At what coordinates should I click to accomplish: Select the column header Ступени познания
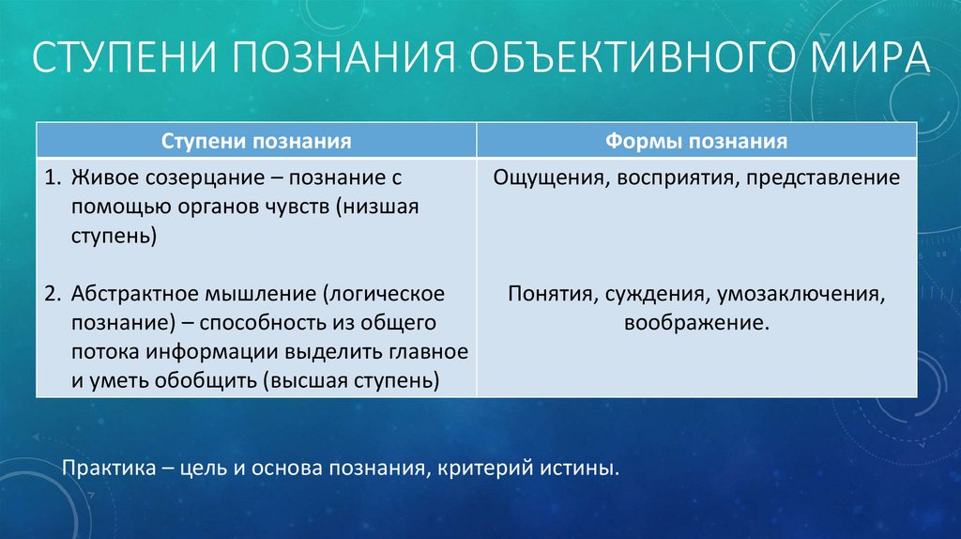click(x=256, y=141)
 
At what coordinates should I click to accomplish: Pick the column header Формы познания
click(x=696, y=141)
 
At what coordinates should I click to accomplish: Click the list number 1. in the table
click(x=53, y=177)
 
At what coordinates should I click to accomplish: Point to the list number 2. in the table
click(x=53, y=294)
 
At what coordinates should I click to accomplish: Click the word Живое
click(x=101, y=177)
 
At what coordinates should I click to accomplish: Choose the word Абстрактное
click(x=134, y=294)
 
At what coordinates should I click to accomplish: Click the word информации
click(x=216, y=352)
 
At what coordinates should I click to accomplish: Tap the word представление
click(x=823, y=178)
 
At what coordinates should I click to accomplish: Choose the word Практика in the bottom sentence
click(x=109, y=469)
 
